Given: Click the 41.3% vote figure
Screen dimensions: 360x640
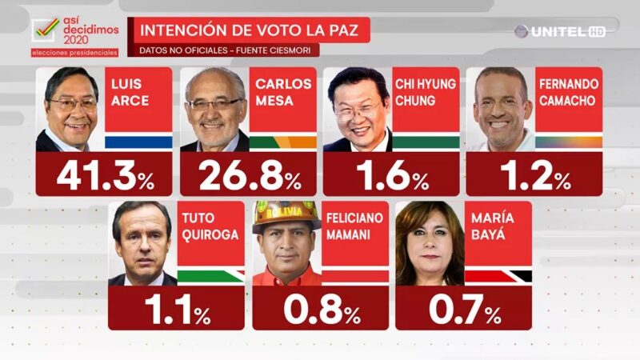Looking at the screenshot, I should [104, 175].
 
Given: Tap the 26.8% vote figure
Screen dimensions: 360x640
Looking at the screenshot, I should [247, 175].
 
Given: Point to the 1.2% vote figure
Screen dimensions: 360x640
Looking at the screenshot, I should [535, 175].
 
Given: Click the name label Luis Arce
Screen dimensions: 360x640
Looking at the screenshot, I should [133, 94].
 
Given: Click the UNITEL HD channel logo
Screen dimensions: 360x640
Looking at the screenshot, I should [559, 31].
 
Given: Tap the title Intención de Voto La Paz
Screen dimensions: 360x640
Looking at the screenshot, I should [254, 31].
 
